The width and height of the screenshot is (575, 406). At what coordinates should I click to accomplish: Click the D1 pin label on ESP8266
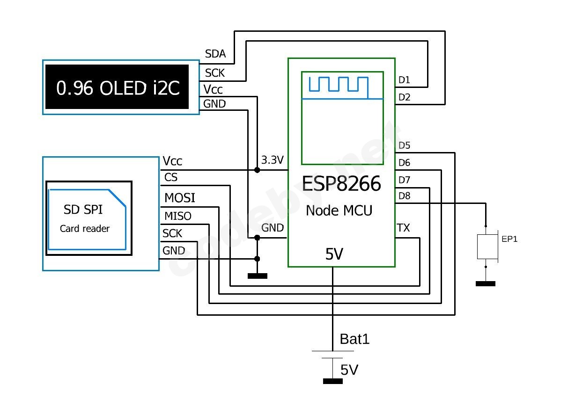pyautogui.click(x=404, y=80)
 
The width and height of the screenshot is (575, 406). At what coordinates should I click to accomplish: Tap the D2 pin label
pyautogui.click(x=404, y=97)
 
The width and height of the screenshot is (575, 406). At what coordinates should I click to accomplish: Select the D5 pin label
pyautogui.click(x=404, y=145)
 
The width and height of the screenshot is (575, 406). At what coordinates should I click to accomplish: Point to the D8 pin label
pyautogui.click(x=404, y=196)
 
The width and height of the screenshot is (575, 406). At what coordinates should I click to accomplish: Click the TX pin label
pyautogui.click(x=403, y=228)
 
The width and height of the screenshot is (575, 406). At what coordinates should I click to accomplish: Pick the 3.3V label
pyautogui.click(x=273, y=160)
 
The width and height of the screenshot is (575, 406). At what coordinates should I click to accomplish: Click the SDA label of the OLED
pyautogui.click(x=215, y=54)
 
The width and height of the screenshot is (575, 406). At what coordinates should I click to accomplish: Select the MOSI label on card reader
pyautogui.click(x=180, y=198)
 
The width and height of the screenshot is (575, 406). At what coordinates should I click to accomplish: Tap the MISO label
pyautogui.click(x=178, y=216)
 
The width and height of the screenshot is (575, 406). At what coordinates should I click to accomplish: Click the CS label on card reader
pyautogui.click(x=171, y=178)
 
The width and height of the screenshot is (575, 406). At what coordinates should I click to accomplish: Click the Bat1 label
pyautogui.click(x=354, y=339)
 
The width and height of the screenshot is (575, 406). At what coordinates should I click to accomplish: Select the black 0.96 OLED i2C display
pyautogui.click(x=118, y=87)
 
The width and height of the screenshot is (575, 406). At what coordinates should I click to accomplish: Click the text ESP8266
pyautogui.click(x=341, y=184)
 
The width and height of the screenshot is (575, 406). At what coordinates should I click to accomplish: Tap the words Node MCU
pyautogui.click(x=339, y=210)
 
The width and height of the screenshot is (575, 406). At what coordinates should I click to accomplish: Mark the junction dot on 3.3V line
pyautogui.click(x=257, y=170)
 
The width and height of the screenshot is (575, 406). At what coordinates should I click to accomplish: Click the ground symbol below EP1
pyautogui.click(x=486, y=283)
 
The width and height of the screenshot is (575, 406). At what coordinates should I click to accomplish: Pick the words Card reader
pyautogui.click(x=85, y=229)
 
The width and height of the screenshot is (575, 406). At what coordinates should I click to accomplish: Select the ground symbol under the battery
pyautogui.click(x=333, y=381)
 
